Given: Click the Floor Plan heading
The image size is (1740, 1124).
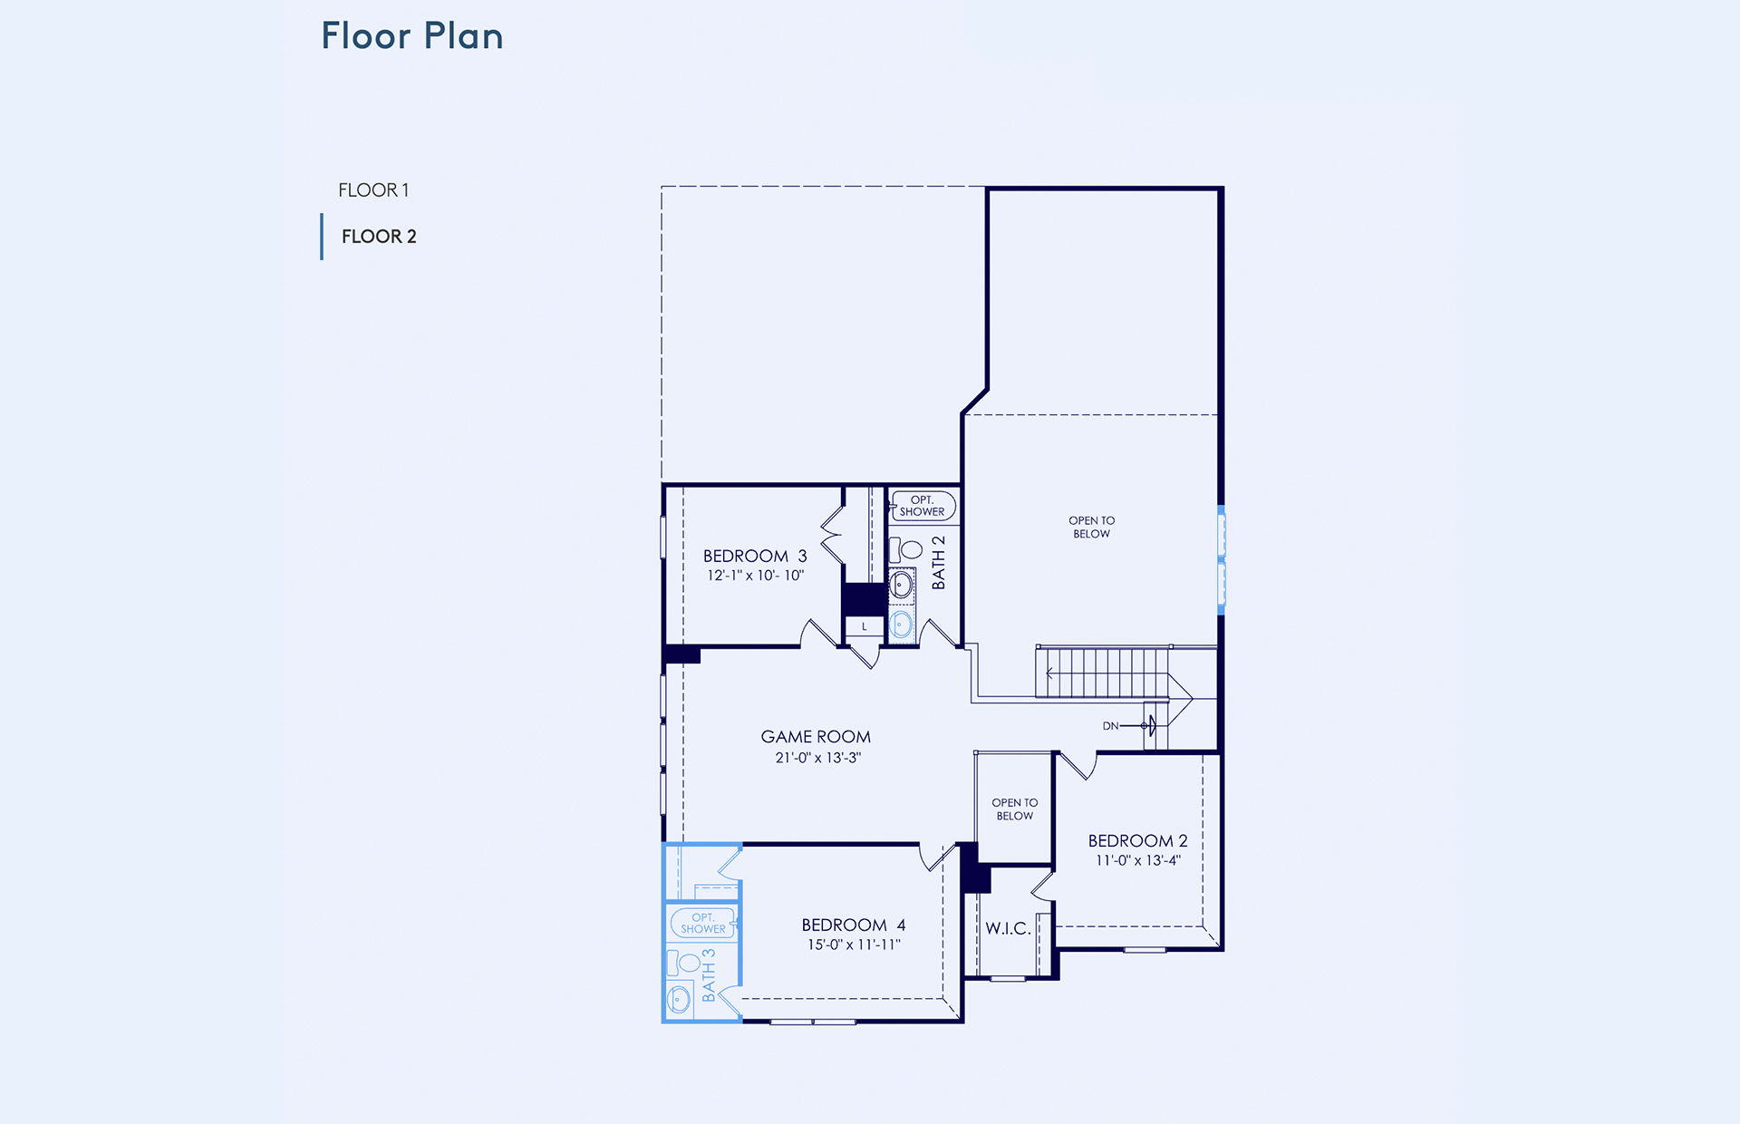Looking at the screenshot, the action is pos(412,36).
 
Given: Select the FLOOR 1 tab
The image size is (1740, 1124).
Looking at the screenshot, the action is pos(373,190).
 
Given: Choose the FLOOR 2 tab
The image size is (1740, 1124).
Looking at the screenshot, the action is pos(379,237).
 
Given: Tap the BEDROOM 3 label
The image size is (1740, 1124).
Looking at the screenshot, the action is pos(755,556).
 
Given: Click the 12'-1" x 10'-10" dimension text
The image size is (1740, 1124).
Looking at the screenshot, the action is pos(755,576).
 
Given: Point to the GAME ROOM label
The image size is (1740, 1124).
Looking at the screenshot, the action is pos(816,737).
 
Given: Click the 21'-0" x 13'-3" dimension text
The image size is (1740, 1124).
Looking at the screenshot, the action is pos(817,758).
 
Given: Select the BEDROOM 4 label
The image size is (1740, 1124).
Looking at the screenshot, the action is pos(854,925).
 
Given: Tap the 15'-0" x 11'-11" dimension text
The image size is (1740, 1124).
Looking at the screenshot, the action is pos(854,945).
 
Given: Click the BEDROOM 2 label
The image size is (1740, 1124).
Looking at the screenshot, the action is pos(1137,841).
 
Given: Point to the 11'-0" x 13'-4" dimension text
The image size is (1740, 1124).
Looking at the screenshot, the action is pos(1138,860).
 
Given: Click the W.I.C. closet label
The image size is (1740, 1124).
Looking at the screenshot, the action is pos(1008,928).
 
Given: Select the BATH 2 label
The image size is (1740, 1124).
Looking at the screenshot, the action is pos(939,562).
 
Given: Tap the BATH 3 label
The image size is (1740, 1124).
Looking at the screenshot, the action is pos(709,975).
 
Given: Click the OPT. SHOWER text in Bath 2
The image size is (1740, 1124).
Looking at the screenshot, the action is pos(922,506).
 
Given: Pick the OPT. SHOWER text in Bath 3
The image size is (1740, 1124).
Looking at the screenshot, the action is pos(703,924).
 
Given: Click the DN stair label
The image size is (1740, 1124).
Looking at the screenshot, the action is pos(1111,726).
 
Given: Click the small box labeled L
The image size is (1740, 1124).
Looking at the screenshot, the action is pos(865,626).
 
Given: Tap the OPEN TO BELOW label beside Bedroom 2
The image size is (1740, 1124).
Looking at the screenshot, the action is pos(1015,809).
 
